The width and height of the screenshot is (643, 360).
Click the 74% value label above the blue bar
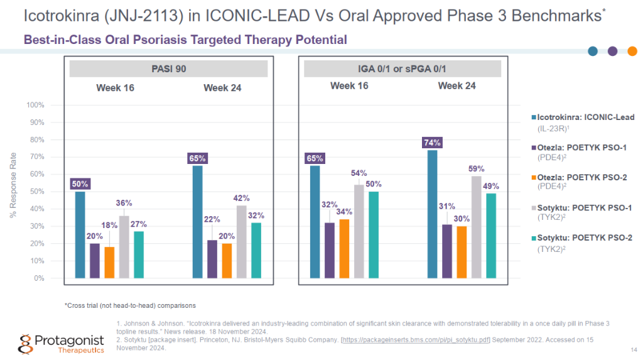(432, 143)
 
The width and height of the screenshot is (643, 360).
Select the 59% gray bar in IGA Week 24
(476, 227)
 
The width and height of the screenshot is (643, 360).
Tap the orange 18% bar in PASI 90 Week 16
(110, 262)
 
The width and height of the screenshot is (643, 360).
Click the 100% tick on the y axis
(35, 105)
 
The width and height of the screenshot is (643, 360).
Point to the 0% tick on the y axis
(38, 278)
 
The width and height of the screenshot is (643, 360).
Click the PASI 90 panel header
(169, 68)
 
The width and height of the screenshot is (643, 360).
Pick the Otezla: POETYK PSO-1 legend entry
(583, 147)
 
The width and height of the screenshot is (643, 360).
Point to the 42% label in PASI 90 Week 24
(242, 198)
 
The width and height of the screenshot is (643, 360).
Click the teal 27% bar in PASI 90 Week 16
(139, 254)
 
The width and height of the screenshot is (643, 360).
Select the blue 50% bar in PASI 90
(80, 234)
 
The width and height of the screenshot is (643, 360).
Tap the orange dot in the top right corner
(632, 51)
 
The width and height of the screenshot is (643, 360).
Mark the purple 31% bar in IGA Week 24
(447, 251)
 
